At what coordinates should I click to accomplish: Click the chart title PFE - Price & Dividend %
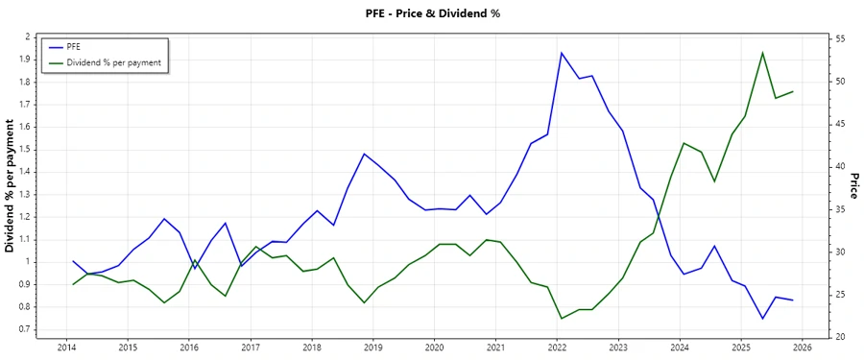click(432, 13)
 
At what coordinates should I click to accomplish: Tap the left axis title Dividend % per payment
click(11, 186)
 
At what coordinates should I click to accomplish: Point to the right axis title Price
click(852, 186)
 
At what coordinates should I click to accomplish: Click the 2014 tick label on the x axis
click(66, 347)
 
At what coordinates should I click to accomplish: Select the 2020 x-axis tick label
click(434, 347)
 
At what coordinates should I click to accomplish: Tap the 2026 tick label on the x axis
click(803, 347)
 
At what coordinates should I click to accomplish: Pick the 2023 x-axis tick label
click(618, 347)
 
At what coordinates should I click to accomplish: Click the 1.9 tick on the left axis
click(25, 59)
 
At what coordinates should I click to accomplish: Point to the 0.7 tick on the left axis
click(25, 329)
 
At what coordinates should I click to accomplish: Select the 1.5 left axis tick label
click(25, 149)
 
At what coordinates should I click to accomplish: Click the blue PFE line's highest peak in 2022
click(561, 53)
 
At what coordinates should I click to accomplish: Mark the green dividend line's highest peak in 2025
click(762, 53)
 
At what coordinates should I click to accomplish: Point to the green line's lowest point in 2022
click(561, 318)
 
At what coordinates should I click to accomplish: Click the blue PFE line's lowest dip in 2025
click(762, 318)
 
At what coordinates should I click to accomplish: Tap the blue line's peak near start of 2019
click(364, 154)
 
